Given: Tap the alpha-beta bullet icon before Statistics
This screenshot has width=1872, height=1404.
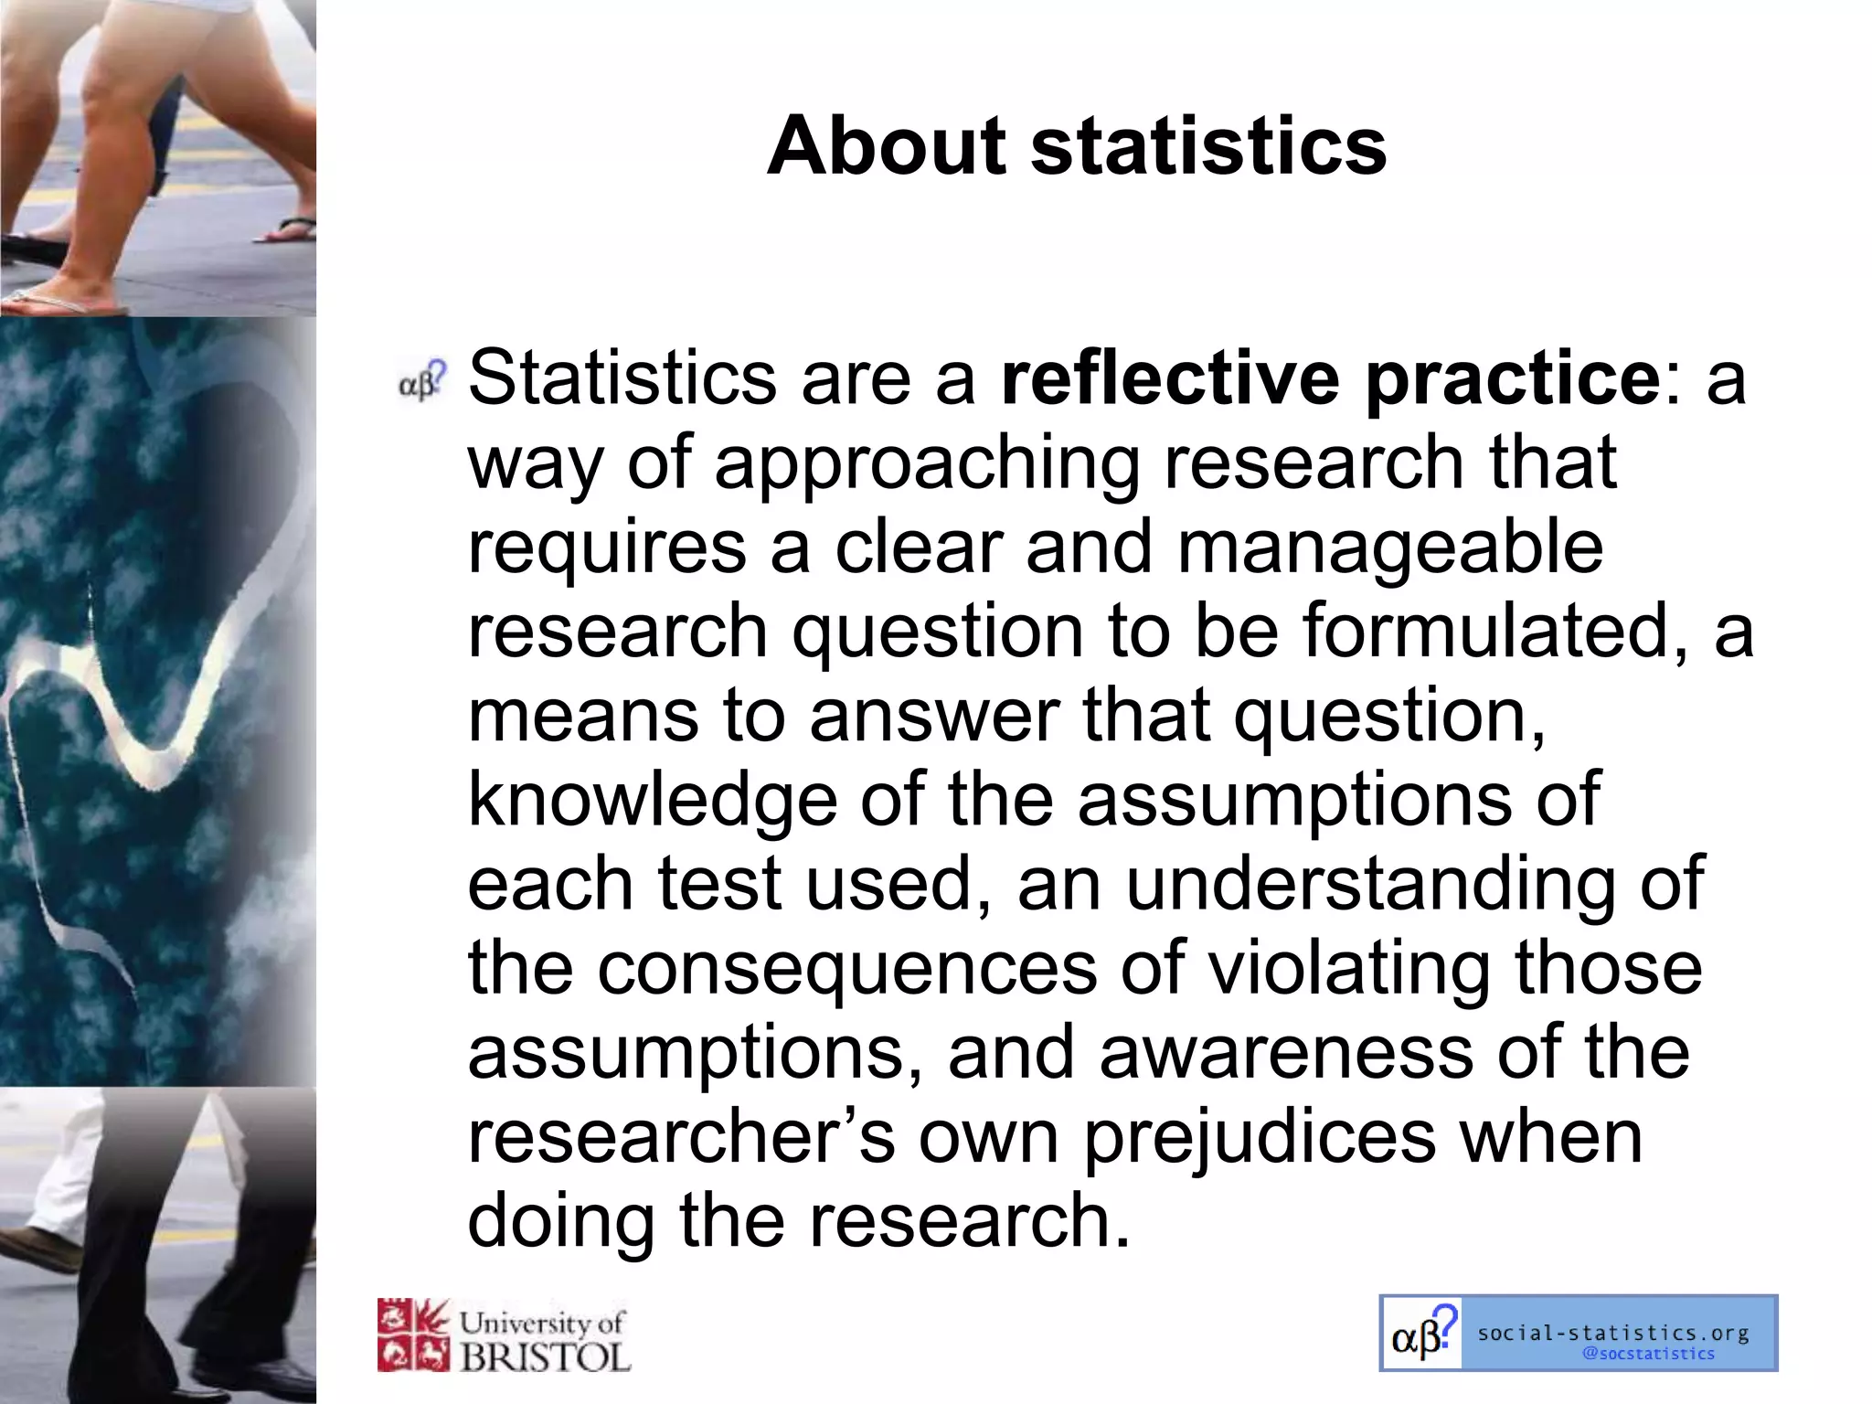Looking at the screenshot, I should tap(422, 380).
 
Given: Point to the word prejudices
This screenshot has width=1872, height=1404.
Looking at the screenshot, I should tap(1260, 1139).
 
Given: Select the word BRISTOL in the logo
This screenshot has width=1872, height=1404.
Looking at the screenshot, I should tap(545, 1356).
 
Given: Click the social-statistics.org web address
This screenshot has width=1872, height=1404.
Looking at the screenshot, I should tap(1613, 1334).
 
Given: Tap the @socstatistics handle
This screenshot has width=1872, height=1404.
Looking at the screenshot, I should tap(1648, 1354).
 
